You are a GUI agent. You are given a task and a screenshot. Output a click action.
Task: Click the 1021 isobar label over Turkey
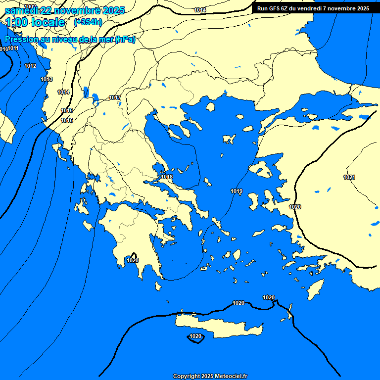point(349,177)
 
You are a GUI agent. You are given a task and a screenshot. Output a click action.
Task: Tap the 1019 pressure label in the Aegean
point(237,191)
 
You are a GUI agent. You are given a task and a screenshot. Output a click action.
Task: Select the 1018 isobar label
point(167,177)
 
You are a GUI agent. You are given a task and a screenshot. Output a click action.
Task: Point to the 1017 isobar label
point(115,97)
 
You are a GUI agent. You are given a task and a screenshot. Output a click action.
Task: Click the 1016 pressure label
point(67,120)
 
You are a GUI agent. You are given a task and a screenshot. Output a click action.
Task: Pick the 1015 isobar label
point(67,110)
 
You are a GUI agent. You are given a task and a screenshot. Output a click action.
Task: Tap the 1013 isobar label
point(47,79)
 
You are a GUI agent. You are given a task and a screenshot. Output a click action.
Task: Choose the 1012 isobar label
point(30,66)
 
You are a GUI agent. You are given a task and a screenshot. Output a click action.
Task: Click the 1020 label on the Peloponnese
point(133,260)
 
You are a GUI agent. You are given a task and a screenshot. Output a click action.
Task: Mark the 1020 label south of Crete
point(195,336)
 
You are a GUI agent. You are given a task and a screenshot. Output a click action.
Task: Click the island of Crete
point(218,327)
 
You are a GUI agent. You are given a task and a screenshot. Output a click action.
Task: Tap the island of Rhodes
point(315,288)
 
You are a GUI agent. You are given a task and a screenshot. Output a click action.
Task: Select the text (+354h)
point(88,22)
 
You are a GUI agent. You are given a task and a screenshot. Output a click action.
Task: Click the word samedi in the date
point(21,10)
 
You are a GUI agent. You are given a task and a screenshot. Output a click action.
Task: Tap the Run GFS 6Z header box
point(313,8)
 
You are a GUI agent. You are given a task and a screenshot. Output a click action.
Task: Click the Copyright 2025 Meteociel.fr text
point(210,376)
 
